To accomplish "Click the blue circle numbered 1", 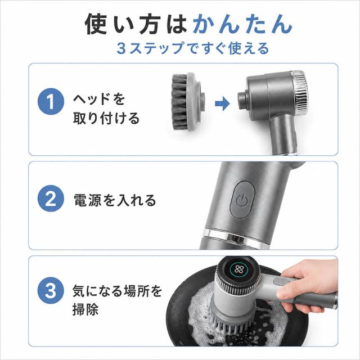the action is point(51,101).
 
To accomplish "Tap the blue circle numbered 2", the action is point(51,199).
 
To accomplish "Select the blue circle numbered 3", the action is point(51,290).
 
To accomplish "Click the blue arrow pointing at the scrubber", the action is point(222,103).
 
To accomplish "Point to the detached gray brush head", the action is point(188,102).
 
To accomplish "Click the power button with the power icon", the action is point(242,200).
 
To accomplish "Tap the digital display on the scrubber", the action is point(238,269).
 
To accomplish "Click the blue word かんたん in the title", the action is point(242,24).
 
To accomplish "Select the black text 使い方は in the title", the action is point(136,24).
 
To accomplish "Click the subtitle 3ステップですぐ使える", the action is point(193,48).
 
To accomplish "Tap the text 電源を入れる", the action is point(115,200).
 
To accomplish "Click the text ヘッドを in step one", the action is point(99,99).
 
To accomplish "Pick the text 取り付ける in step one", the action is point(106,118).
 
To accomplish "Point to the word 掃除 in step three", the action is point(85,309).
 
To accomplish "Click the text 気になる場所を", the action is point(118,291).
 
